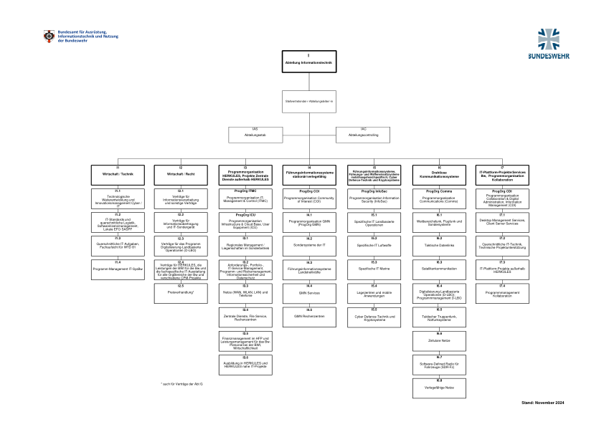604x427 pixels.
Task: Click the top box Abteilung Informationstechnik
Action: (x=308, y=62)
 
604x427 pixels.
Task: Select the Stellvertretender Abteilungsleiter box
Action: (x=308, y=102)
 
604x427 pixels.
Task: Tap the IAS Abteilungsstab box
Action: (x=255, y=134)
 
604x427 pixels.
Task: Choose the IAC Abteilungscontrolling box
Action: (x=362, y=134)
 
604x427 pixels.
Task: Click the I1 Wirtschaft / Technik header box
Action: (x=117, y=173)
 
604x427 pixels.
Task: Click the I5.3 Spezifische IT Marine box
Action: (x=374, y=269)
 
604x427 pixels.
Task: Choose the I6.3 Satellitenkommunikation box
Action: (x=439, y=269)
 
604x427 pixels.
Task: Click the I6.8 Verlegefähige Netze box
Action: (x=439, y=388)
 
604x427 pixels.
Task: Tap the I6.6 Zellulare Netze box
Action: (x=439, y=340)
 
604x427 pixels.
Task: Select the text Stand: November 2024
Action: (x=542, y=403)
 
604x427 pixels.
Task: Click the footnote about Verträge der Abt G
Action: (x=182, y=385)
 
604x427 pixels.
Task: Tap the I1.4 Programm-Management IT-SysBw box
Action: (x=117, y=269)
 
